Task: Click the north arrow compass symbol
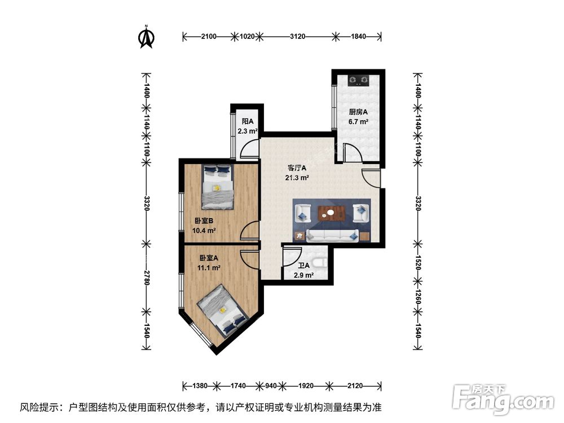pos(147,37)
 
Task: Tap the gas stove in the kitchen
pos(358,82)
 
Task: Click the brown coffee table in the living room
pos(332,213)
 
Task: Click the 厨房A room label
pos(358,112)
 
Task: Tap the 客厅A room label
pos(297,168)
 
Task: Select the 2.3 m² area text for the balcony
pos(247,131)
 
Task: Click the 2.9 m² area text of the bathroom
pos(303,275)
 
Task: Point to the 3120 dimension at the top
pos(297,37)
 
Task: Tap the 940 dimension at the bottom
pos(271,386)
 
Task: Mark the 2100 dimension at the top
pos(208,37)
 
